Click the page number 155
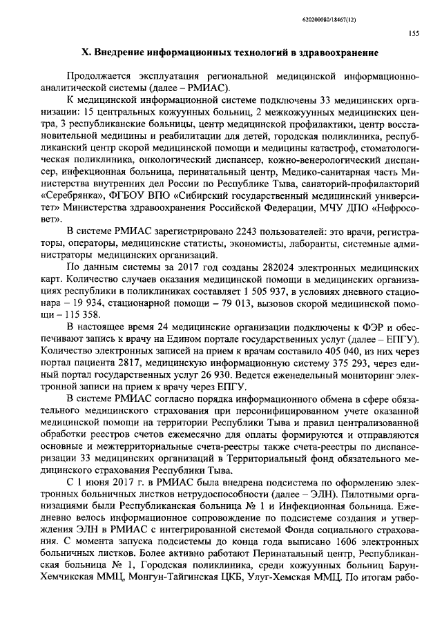pyautogui.click(x=414, y=32)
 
